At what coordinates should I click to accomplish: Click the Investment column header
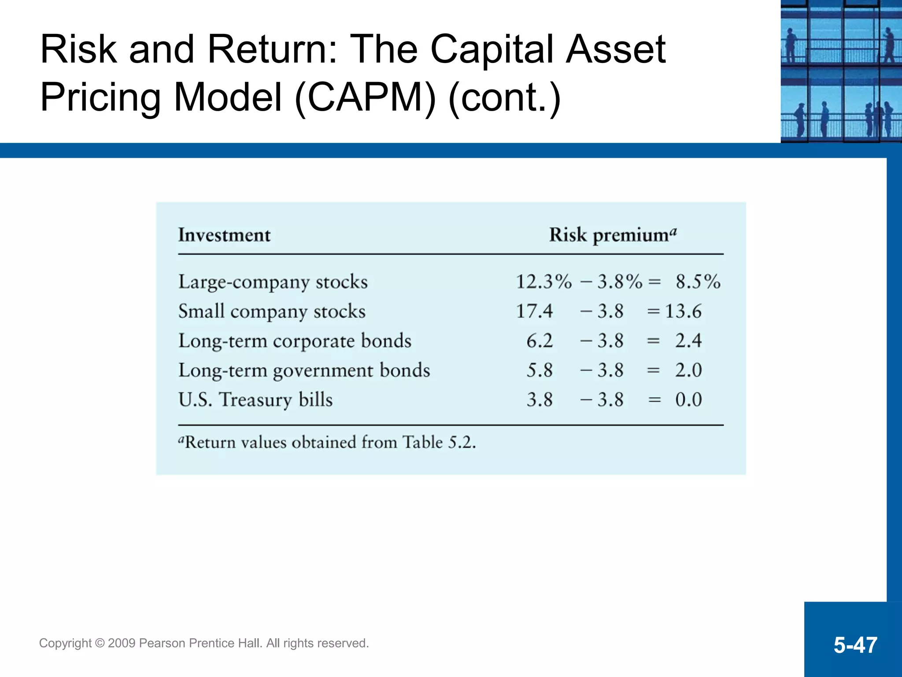(224, 235)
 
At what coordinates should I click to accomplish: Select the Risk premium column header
(612, 235)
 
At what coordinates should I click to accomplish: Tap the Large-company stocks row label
(273, 282)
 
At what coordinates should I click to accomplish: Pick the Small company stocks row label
(272, 312)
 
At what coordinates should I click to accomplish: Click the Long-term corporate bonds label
(295, 341)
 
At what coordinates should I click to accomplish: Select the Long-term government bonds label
(304, 371)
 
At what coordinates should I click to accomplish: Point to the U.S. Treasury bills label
(255, 400)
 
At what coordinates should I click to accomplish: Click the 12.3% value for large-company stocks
(543, 282)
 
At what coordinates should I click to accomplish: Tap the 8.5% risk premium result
(698, 282)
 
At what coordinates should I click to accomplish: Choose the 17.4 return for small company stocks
(534, 311)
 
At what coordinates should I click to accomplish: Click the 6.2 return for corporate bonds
(540, 341)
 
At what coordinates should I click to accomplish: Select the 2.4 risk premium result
(688, 341)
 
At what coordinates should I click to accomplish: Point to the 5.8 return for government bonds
(540, 370)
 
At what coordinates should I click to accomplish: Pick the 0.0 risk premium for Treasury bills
(688, 400)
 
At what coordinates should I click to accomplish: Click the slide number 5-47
(855, 645)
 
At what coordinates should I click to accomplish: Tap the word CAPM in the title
(365, 97)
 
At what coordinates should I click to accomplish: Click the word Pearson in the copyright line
(162, 644)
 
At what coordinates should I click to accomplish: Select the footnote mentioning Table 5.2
(327, 442)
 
